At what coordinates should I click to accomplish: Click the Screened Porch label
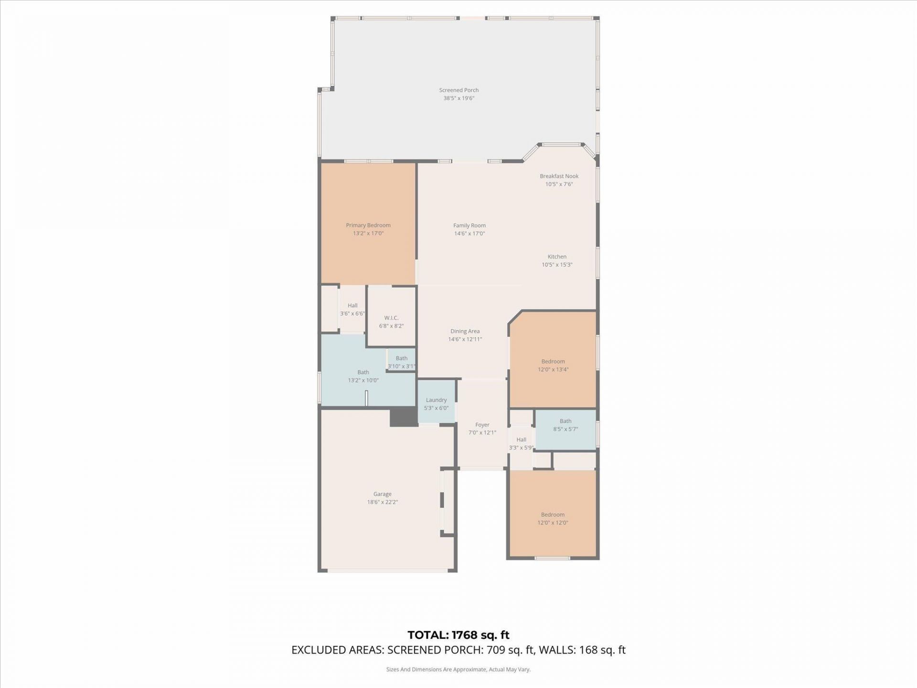[458, 90]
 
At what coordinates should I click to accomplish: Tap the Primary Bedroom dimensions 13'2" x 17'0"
[368, 234]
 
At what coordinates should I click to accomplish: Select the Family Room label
[469, 226]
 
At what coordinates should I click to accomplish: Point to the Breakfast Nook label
[559, 176]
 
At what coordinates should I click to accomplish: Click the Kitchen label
[557, 257]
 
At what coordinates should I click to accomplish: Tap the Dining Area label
[465, 331]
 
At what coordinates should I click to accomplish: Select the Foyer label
[482, 425]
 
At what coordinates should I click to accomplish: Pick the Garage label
[382, 494]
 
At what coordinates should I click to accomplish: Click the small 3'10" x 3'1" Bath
[401, 361]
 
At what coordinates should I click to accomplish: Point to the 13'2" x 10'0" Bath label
[363, 372]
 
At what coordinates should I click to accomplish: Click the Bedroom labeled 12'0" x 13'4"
[553, 365]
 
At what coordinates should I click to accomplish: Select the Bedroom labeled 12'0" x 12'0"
[553, 518]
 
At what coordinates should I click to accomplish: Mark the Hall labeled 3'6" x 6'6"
[352, 309]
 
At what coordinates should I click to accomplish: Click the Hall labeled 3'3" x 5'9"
[521, 442]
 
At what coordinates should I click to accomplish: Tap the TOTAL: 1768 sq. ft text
[458, 635]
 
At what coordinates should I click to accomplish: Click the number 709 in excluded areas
[494, 650]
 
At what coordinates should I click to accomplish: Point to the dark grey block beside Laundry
[404, 417]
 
